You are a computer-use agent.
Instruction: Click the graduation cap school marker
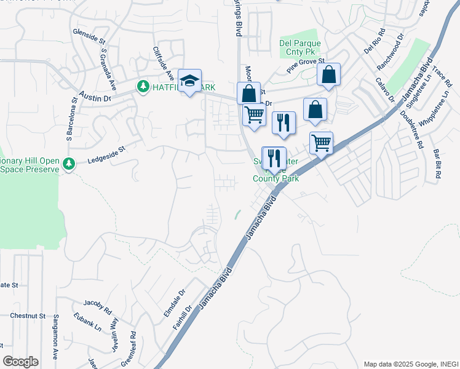[190, 81]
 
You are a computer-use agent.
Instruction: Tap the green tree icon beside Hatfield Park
[143, 87]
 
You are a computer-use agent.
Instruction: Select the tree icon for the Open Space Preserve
[69, 163]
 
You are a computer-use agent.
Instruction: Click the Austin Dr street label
[95, 97]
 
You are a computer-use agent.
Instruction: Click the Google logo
[20, 361]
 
